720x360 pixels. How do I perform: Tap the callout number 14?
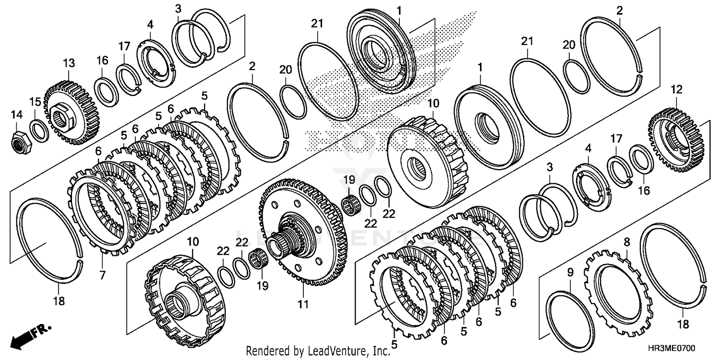[17, 114]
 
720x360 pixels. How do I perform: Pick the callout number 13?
[69, 63]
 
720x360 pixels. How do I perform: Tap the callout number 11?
[303, 304]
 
